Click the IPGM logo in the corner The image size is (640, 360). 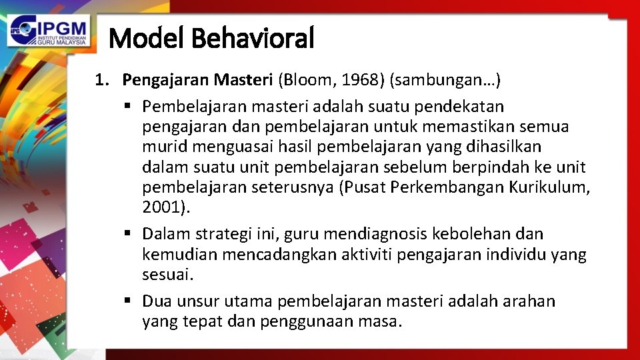click(49, 31)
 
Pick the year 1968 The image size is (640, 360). click(361, 81)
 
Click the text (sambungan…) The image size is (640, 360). click(445, 81)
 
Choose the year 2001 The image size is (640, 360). click(163, 207)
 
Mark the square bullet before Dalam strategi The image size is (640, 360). click(127, 234)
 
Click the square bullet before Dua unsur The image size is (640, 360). click(127, 301)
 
